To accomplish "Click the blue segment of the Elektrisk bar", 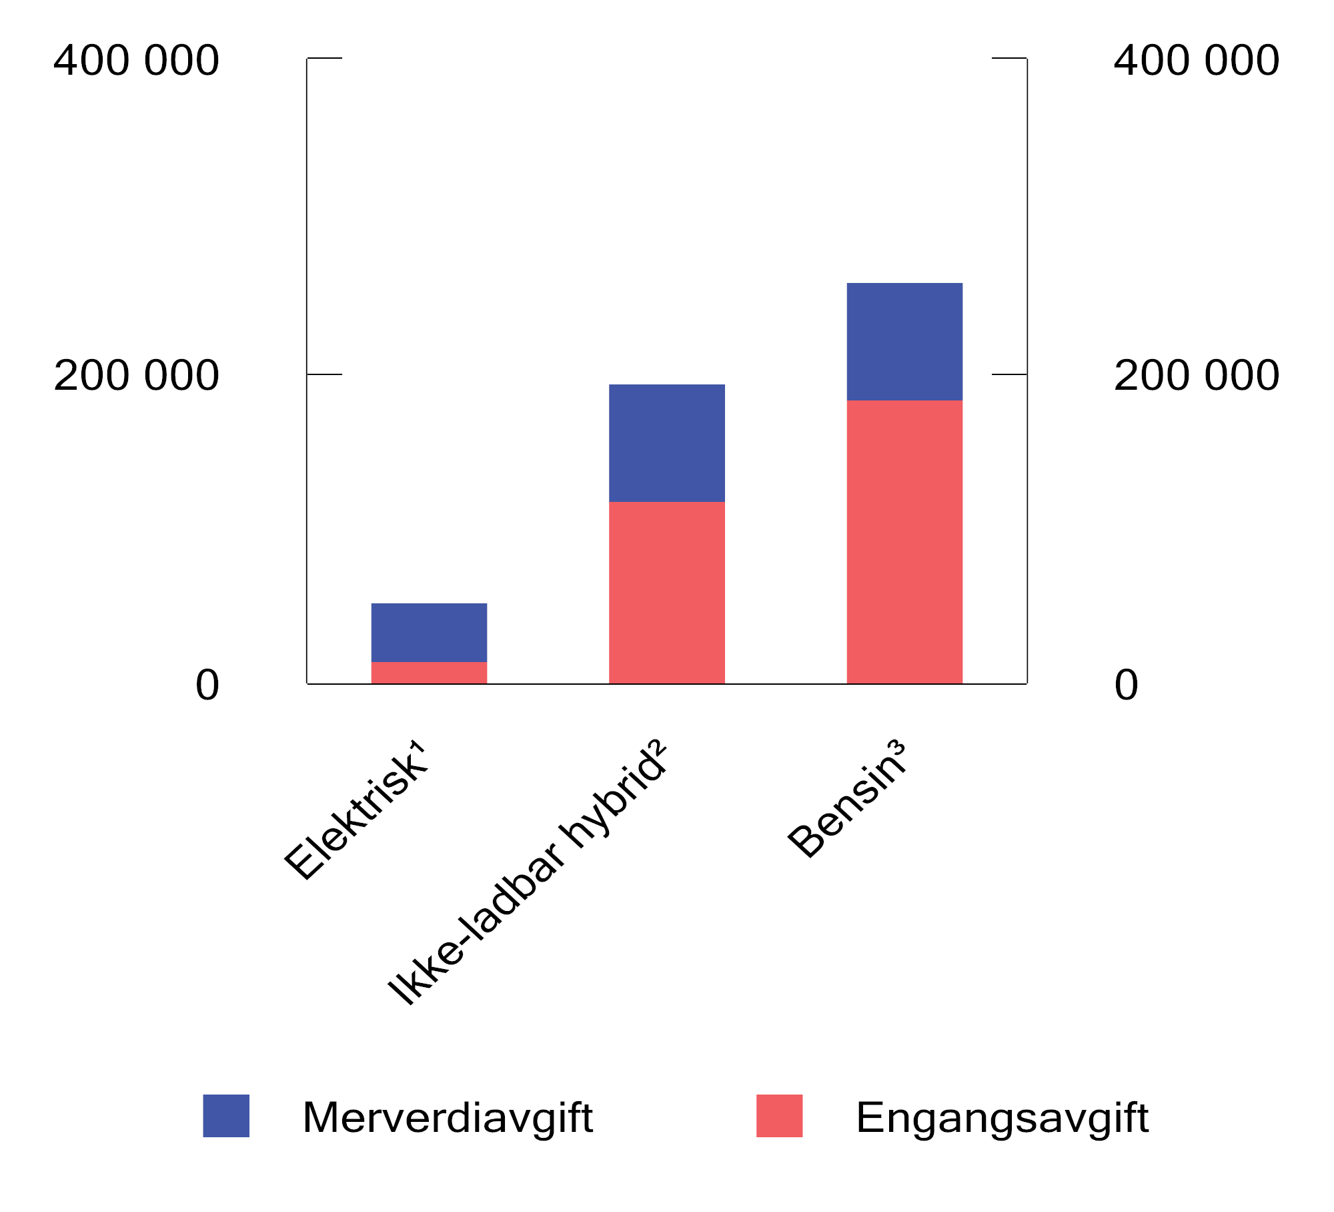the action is [429, 632].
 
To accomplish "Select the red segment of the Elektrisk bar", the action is [429, 673].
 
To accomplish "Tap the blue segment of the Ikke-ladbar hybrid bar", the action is [667, 443].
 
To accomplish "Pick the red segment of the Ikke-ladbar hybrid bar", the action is [667, 593].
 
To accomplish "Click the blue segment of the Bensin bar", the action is [904, 342].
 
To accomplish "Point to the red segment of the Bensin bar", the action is [904, 542].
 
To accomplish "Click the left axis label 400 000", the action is [136, 60].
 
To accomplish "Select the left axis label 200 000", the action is [136, 375].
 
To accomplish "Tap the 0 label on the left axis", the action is [207, 685].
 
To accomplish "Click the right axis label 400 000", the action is [1197, 60].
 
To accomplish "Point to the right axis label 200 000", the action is [1197, 375].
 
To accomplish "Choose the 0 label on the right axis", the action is [1127, 685].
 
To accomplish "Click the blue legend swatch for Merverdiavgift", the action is [226, 1115].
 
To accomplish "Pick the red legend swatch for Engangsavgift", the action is [779, 1115].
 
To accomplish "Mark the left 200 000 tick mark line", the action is [324, 374].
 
